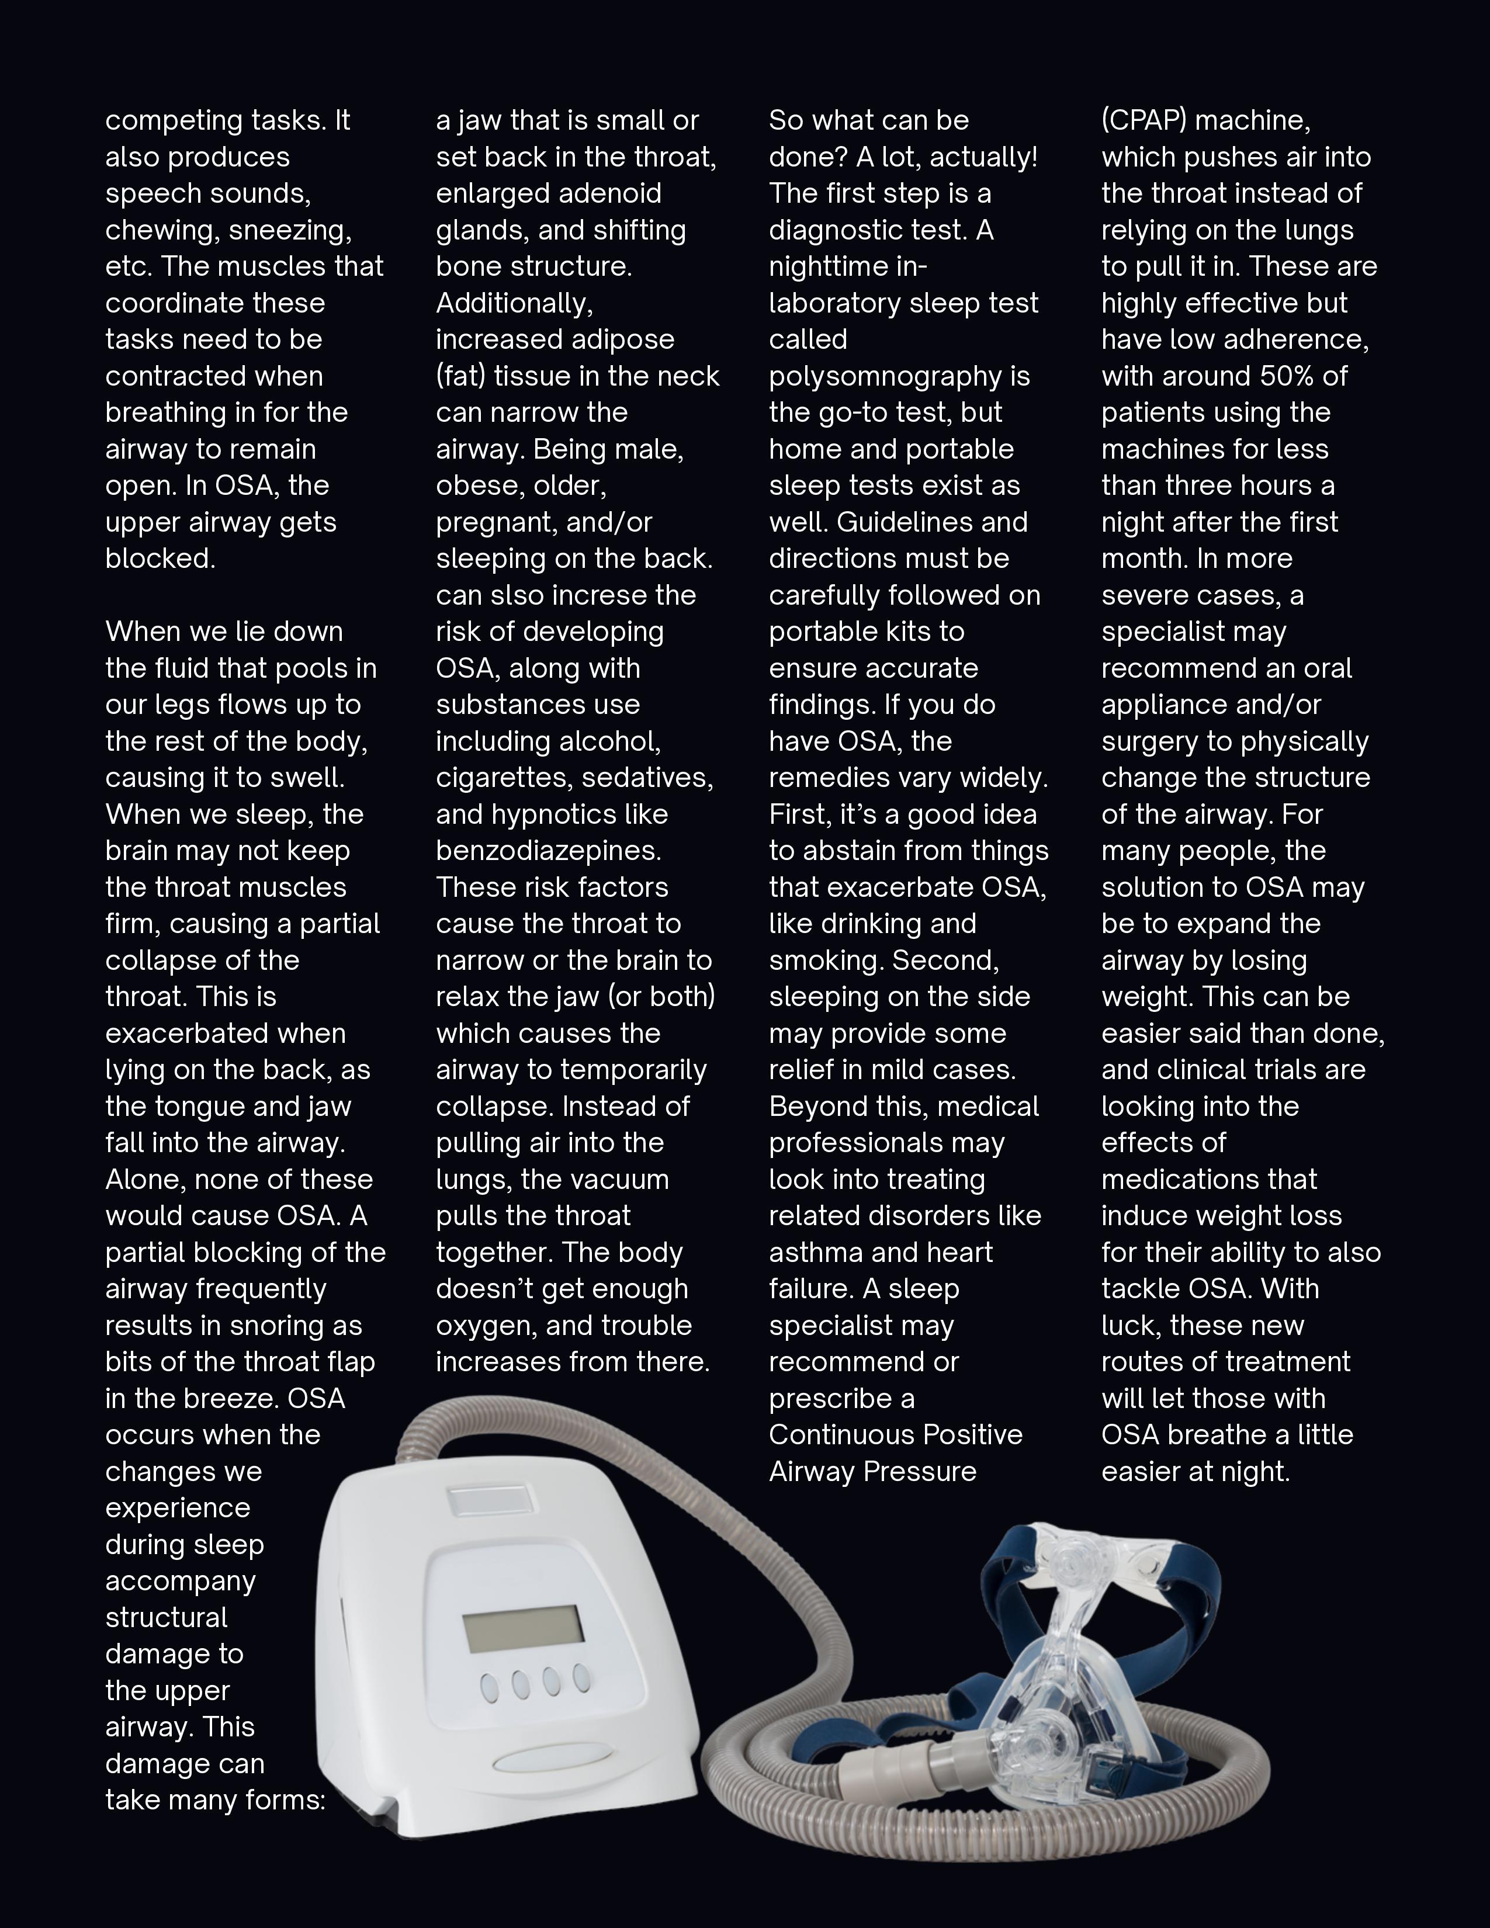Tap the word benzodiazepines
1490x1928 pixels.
pos(548,851)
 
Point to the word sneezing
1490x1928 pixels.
pos(289,230)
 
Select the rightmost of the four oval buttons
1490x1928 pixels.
pos(581,1678)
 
